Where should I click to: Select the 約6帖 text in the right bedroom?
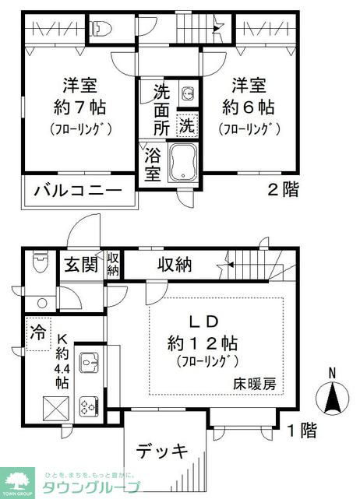(247, 106)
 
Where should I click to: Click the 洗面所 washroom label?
(160, 107)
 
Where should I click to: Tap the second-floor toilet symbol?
(100, 29)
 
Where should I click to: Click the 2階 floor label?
(283, 190)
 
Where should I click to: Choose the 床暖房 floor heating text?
(257, 383)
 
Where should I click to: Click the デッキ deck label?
(163, 451)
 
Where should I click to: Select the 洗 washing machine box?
(187, 122)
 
